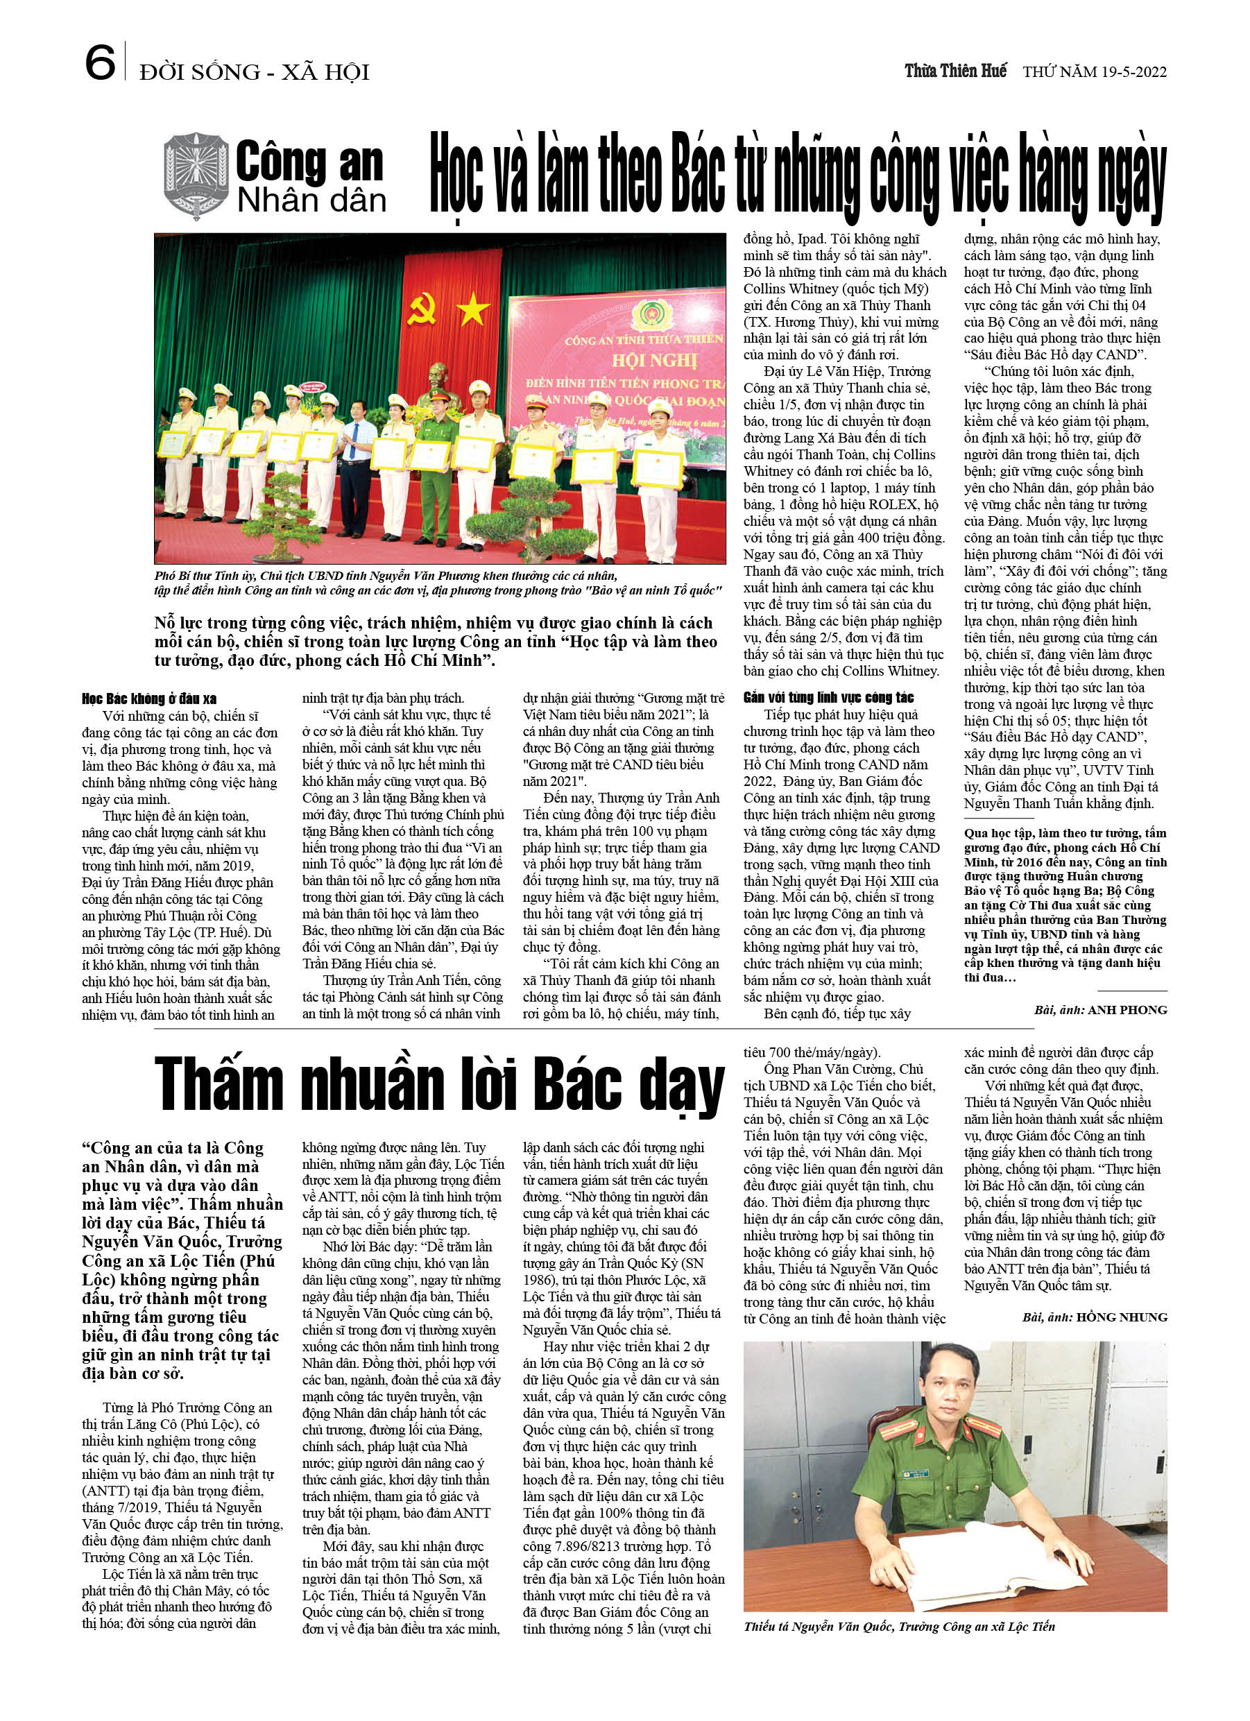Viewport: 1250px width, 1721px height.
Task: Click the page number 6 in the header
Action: [99, 62]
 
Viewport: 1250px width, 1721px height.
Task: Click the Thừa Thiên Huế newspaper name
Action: [955, 71]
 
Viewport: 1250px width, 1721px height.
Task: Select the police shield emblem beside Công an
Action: [196, 175]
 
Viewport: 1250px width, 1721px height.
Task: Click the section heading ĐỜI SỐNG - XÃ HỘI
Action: [255, 73]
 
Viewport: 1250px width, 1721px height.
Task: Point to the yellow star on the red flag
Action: [473, 309]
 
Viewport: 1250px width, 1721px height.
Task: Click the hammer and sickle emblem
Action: [422, 309]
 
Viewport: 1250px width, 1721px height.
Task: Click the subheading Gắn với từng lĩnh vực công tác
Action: [828, 698]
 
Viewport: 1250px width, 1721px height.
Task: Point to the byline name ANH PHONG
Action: [1127, 1010]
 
